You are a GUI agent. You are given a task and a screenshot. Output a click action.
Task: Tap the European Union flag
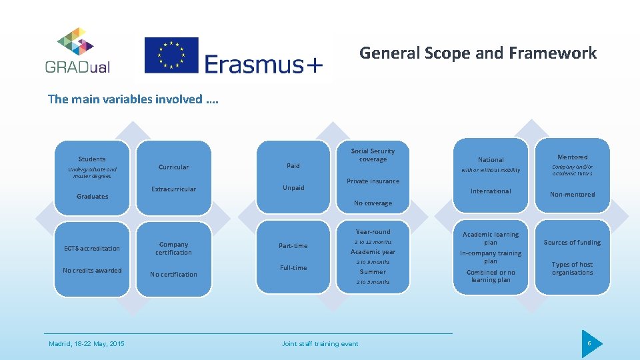[x=171, y=55]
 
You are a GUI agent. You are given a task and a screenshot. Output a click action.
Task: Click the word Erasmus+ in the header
[x=264, y=64]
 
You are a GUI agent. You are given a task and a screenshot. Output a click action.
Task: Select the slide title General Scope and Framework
[x=478, y=53]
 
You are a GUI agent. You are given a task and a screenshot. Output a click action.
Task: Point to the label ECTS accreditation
[x=92, y=249]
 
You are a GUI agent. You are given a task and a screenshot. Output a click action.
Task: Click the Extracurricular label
[x=173, y=189]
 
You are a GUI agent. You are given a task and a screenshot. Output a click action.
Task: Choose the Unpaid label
[x=293, y=188]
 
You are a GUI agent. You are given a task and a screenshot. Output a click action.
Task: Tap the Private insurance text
[x=373, y=181]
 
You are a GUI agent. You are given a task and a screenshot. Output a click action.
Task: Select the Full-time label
[x=293, y=268]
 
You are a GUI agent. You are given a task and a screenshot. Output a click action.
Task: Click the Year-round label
[x=373, y=232]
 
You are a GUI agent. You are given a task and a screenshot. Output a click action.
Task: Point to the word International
[x=491, y=191]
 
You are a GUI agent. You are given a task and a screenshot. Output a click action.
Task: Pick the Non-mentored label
[x=572, y=195]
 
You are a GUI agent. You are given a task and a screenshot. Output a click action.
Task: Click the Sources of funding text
[x=572, y=243]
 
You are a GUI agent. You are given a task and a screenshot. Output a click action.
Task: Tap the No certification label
[x=173, y=275]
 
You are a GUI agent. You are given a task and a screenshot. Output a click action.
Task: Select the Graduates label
[x=92, y=197]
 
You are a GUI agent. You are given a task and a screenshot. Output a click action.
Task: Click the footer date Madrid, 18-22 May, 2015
[x=87, y=344]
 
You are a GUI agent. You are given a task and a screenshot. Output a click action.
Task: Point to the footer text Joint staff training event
[x=320, y=344]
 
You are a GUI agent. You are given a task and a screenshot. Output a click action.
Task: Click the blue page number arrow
[x=591, y=343]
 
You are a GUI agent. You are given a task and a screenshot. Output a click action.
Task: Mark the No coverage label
[x=373, y=203]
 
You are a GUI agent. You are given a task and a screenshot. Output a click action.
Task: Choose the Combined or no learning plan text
[x=491, y=276]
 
